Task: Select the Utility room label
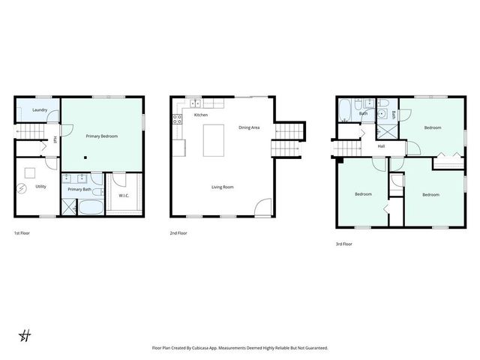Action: [40, 186]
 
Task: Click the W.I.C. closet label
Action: [124, 196]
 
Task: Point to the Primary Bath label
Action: [79, 189]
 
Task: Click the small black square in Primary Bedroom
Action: [85, 157]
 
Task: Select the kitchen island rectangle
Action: [214, 140]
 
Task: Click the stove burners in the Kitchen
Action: [178, 118]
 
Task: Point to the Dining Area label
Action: [249, 127]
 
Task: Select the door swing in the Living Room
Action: [263, 207]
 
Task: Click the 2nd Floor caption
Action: [178, 233]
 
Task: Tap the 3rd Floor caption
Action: [343, 244]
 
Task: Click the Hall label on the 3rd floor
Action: [381, 145]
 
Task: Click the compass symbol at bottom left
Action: [25, 334]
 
